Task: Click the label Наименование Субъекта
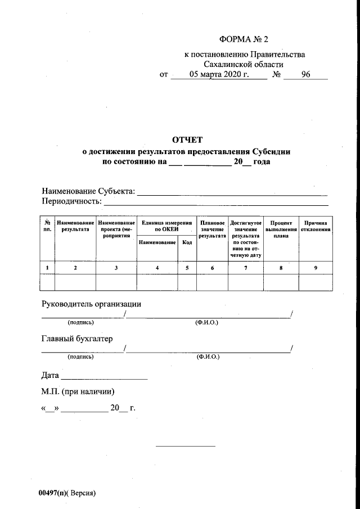pyautogui.click(x=88, y=192)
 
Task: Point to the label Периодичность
pyautogui.click(x=71, y=201)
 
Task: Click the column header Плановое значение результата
pyautogui.click(x=212, y=230)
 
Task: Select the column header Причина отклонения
pyautogui.click(x=316, y=226)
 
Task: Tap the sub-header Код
pyautogui.click(x=187, y=242)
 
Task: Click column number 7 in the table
pyautogui.click(x=245, y=268)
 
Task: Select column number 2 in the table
pyautogui.click(x=75, y=268)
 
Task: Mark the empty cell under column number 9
pyautogui.click(x=316, y=282)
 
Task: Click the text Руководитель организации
pyautogui.click(x=91, y=304)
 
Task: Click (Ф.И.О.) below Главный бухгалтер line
pyautogui.click(x=207, y=357)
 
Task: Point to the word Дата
pyautogui.click(x=50, y=375)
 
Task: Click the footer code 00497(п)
pyautogui.click(x=52, y=493)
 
